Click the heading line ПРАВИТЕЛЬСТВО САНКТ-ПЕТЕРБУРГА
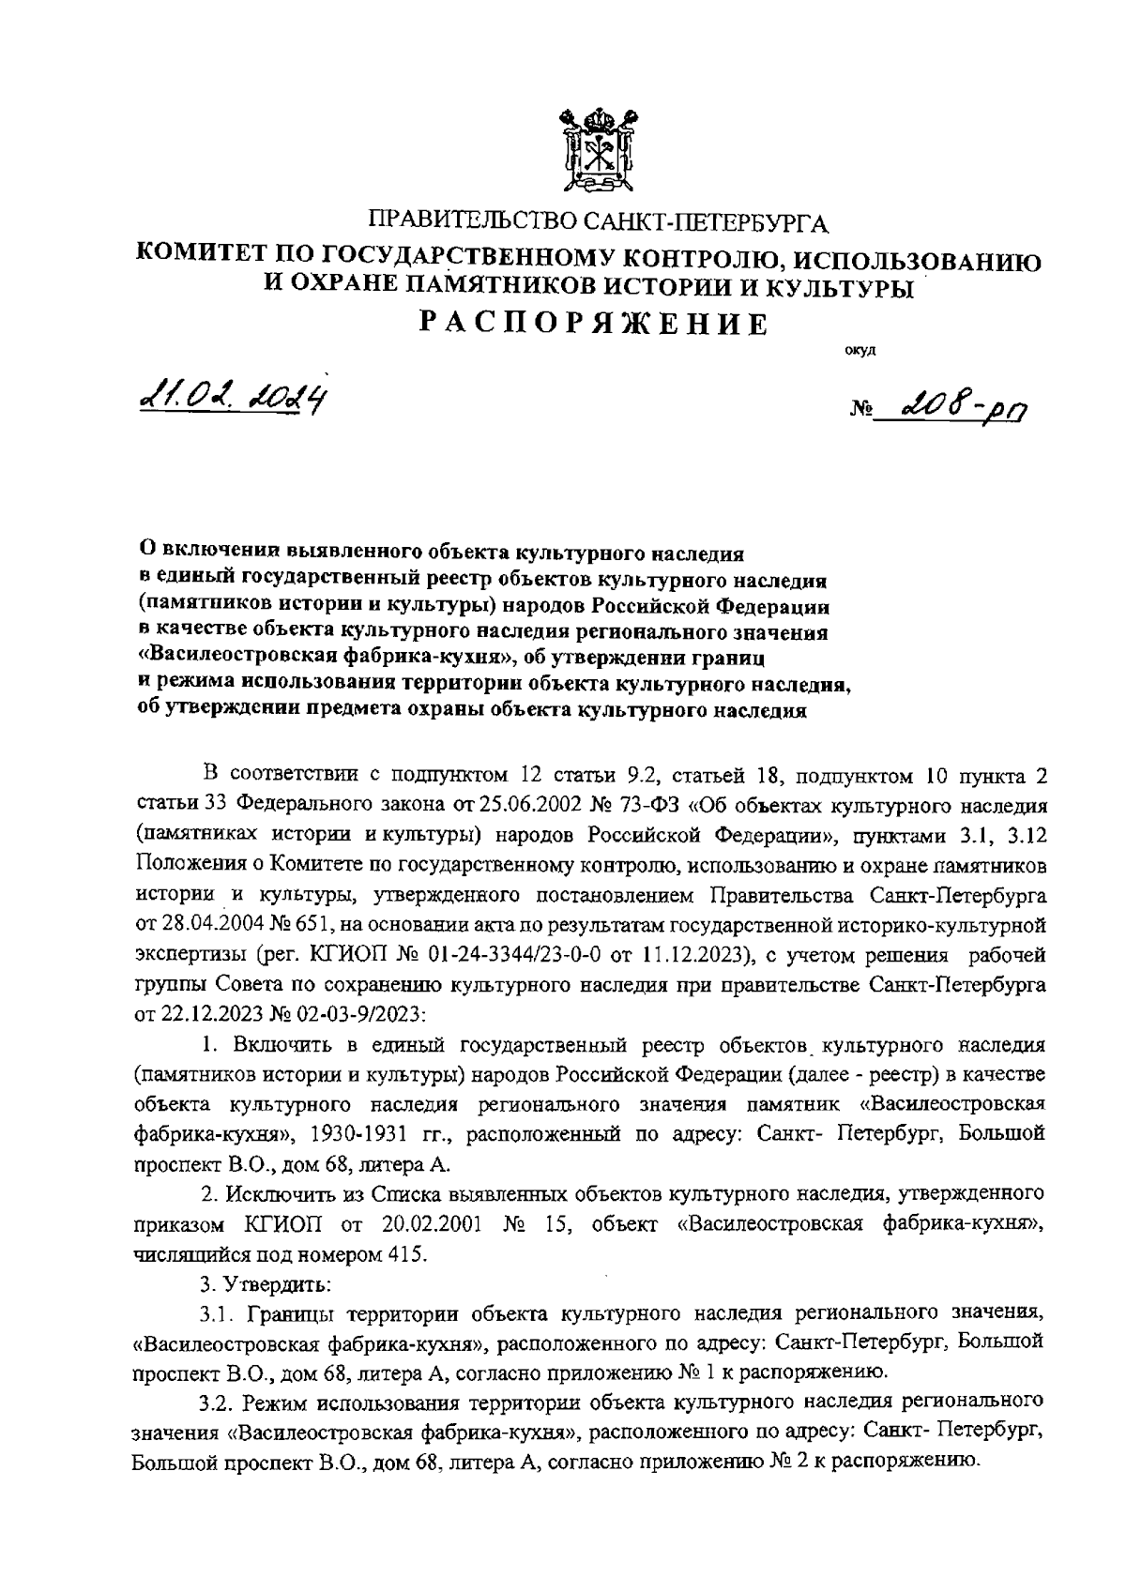pyautogui.click(x=600, y=223)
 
